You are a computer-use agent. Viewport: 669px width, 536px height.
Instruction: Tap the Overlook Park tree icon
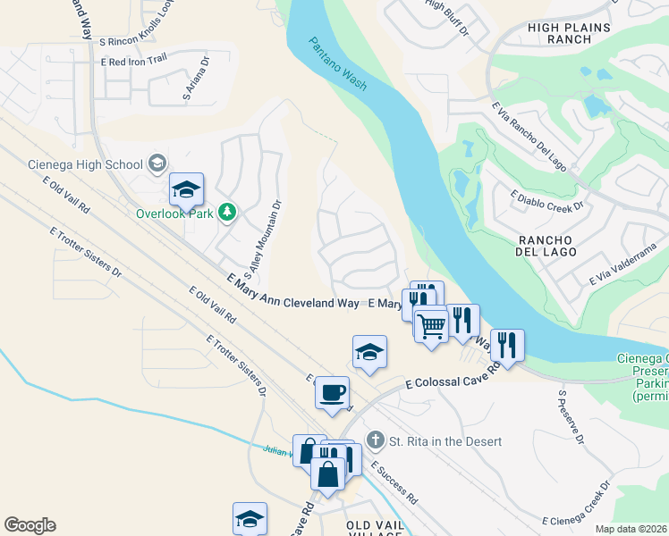click(228, 212)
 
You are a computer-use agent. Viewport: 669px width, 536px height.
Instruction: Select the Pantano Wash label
click(338, 65)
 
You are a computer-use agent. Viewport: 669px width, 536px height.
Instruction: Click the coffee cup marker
click(332, 393)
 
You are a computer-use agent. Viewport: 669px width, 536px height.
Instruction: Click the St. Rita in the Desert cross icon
click(376, 440)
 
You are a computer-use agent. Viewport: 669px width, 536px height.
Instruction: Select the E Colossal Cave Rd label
click(450, 378)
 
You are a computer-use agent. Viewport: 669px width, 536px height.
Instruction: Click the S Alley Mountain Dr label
click(263, 239)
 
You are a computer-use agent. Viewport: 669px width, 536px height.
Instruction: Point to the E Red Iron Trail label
click(134, 61)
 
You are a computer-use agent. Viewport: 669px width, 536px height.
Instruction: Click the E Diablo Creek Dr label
click(546, 198)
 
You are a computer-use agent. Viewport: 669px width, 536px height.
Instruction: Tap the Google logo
click(30, 525)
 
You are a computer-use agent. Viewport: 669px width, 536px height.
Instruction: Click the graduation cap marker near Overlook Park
click(187, 189)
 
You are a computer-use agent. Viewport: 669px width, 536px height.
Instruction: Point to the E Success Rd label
click(394, 482)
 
